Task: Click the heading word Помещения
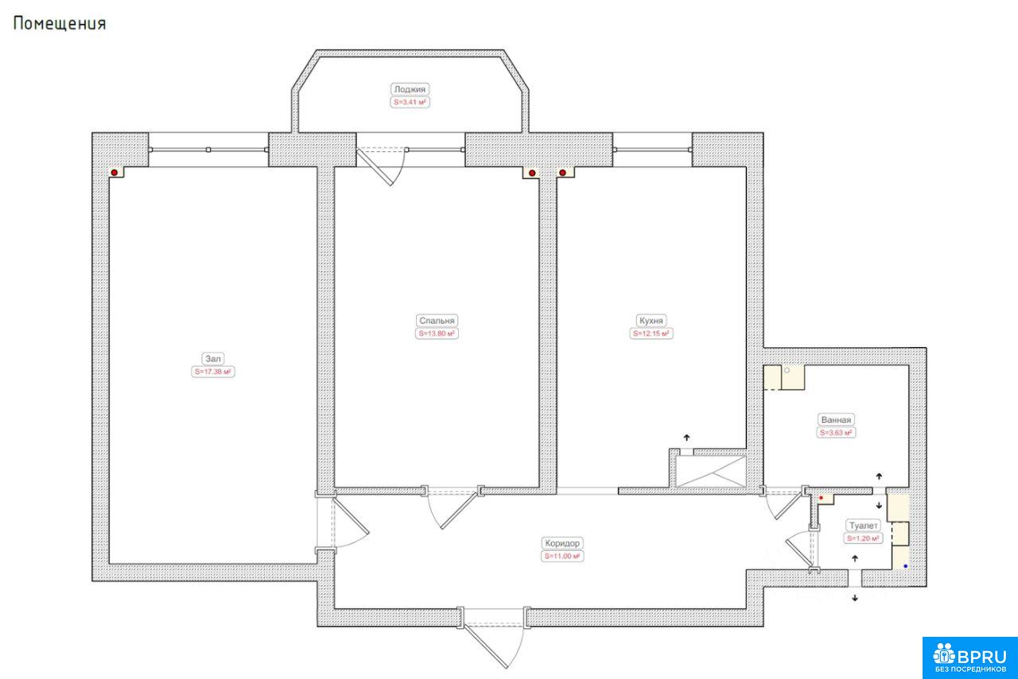pos(60,24)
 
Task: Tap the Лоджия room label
pos(410,89)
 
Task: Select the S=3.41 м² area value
pos(410,103)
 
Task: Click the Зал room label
pos(212,359)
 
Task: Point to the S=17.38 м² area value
pos(212,372)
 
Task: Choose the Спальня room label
pos(437,321)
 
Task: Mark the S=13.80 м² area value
pos(437,334)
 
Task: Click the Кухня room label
pos(651,321)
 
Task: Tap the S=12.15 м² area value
pos(651,334)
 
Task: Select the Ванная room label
pos(836,419)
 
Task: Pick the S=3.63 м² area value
pos(836,433)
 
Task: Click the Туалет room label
pos(864,525)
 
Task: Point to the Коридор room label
pos(562,543)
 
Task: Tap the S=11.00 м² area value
pos(562,556)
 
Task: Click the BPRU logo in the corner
pos(970,658)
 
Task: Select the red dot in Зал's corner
pos(115,173)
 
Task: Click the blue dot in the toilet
pos(905,566)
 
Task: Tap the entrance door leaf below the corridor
pos(485,646)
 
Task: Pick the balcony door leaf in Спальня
pos(375,167)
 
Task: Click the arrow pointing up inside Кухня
pos(686,438)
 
